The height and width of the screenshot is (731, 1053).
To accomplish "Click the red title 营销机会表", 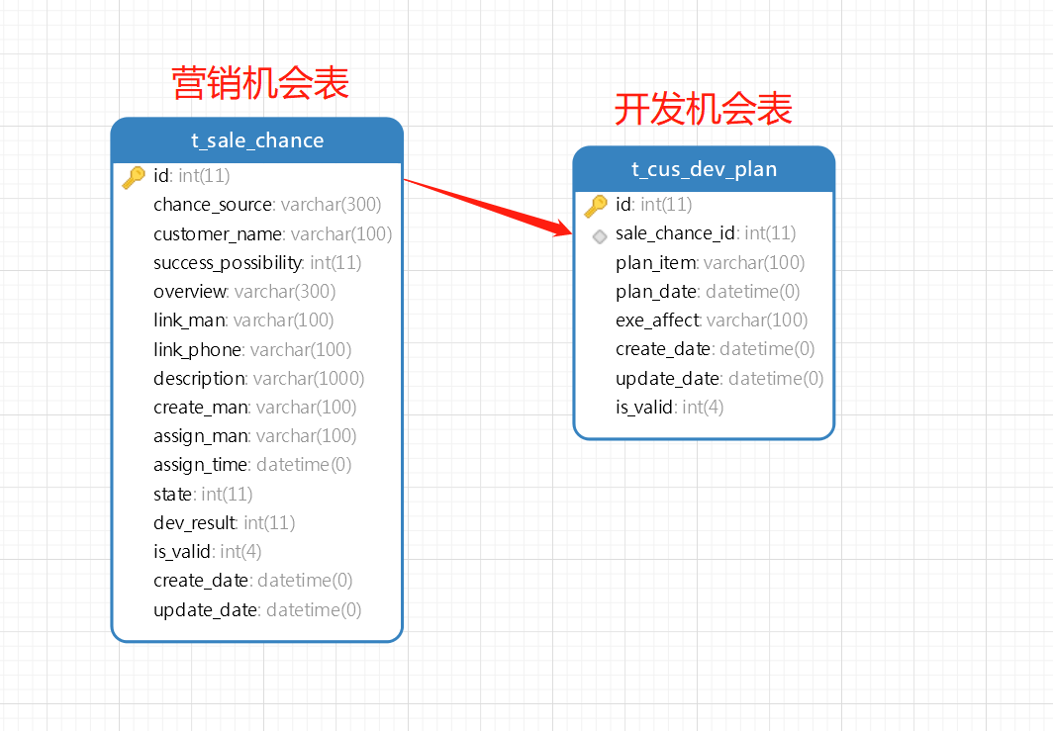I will click(260, 83).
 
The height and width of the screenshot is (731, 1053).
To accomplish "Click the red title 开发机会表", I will click(704, 109).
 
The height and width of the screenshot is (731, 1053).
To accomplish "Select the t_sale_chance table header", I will click(257, 140).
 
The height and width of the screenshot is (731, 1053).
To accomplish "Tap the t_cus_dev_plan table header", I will click(704, 169).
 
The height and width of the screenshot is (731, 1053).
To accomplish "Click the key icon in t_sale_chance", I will click(134, 177).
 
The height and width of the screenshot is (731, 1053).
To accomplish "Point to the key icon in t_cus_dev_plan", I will click(596, 206).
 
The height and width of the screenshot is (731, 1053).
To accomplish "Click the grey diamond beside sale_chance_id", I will click(599, 236).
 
